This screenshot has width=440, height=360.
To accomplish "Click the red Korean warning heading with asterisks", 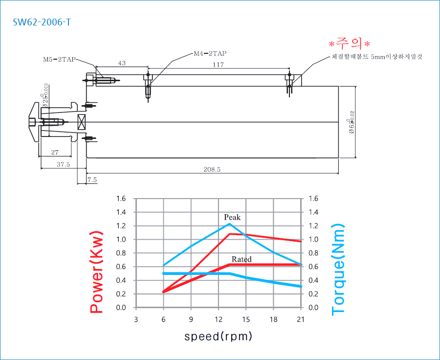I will pos(350,43).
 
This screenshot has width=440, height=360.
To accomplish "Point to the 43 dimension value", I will pos(122,64).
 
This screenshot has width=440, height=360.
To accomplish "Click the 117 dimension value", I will pos(218,65).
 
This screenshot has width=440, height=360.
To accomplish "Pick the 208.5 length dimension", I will pos(212,169).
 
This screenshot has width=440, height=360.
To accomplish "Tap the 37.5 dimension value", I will pos(63,165).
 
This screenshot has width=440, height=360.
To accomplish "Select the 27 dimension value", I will pos(55,153).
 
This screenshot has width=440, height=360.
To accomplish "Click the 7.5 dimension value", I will pos(92,180).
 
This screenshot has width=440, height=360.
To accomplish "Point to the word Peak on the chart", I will pos(232,217).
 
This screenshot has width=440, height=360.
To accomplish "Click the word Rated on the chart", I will pos(242,259).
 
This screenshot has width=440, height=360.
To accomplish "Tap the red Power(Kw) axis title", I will pos(96,272).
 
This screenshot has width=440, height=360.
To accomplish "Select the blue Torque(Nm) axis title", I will pos(338,270).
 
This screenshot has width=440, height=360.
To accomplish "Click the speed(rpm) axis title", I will pos(218,337).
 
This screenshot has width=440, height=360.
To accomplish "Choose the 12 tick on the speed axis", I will pos(218,319).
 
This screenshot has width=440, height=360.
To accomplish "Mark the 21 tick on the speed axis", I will pos(301,319).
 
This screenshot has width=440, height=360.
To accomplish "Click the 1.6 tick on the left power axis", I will pos(121,199).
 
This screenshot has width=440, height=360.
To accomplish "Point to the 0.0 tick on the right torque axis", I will pos(313,308).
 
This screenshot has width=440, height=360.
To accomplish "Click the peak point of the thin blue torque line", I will pos(229,224).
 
